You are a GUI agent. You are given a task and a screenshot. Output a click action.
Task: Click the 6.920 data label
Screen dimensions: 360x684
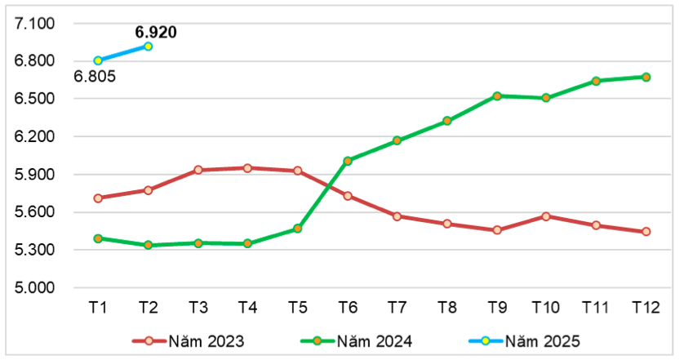(x=156, y=33)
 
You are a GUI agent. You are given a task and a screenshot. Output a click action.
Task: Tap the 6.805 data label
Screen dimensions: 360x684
(x=95, y=77)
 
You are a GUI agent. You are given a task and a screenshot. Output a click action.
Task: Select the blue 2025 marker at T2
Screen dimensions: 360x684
(x=148, y=47)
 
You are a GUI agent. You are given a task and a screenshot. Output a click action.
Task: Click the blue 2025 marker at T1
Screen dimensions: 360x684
(x=98, y=60)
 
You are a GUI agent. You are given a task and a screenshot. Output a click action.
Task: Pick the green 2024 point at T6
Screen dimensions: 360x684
(x=348, y=161)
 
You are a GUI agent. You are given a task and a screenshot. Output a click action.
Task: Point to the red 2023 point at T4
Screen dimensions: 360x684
(x=248, y=168)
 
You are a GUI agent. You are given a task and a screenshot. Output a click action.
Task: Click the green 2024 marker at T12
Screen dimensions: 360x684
(x=646, y=77)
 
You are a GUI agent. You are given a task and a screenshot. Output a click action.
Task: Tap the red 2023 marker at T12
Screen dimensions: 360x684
(x=646, y=232)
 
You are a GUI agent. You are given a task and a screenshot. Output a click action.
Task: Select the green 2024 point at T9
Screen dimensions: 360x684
(x=497, y=96)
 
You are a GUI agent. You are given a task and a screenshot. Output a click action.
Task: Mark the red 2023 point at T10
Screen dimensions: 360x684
(x=546, y=216)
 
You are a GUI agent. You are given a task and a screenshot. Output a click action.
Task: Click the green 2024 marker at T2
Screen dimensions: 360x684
(x=148, y=245)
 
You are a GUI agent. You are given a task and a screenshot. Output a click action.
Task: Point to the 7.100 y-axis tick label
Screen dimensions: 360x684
(x=34, y=24)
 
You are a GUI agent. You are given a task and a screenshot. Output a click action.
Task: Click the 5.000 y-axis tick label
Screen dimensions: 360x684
(x=34, y=287)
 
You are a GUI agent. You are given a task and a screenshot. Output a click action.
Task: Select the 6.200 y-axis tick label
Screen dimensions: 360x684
(x=34, y=136)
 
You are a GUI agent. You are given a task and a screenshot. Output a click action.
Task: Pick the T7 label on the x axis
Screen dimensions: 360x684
(x=398, y=308)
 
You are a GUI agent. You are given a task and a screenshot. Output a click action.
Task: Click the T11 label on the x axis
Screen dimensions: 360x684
(x=596, y=308)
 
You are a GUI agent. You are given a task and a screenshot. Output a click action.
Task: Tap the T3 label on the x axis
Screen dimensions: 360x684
(x=198, y=308)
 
